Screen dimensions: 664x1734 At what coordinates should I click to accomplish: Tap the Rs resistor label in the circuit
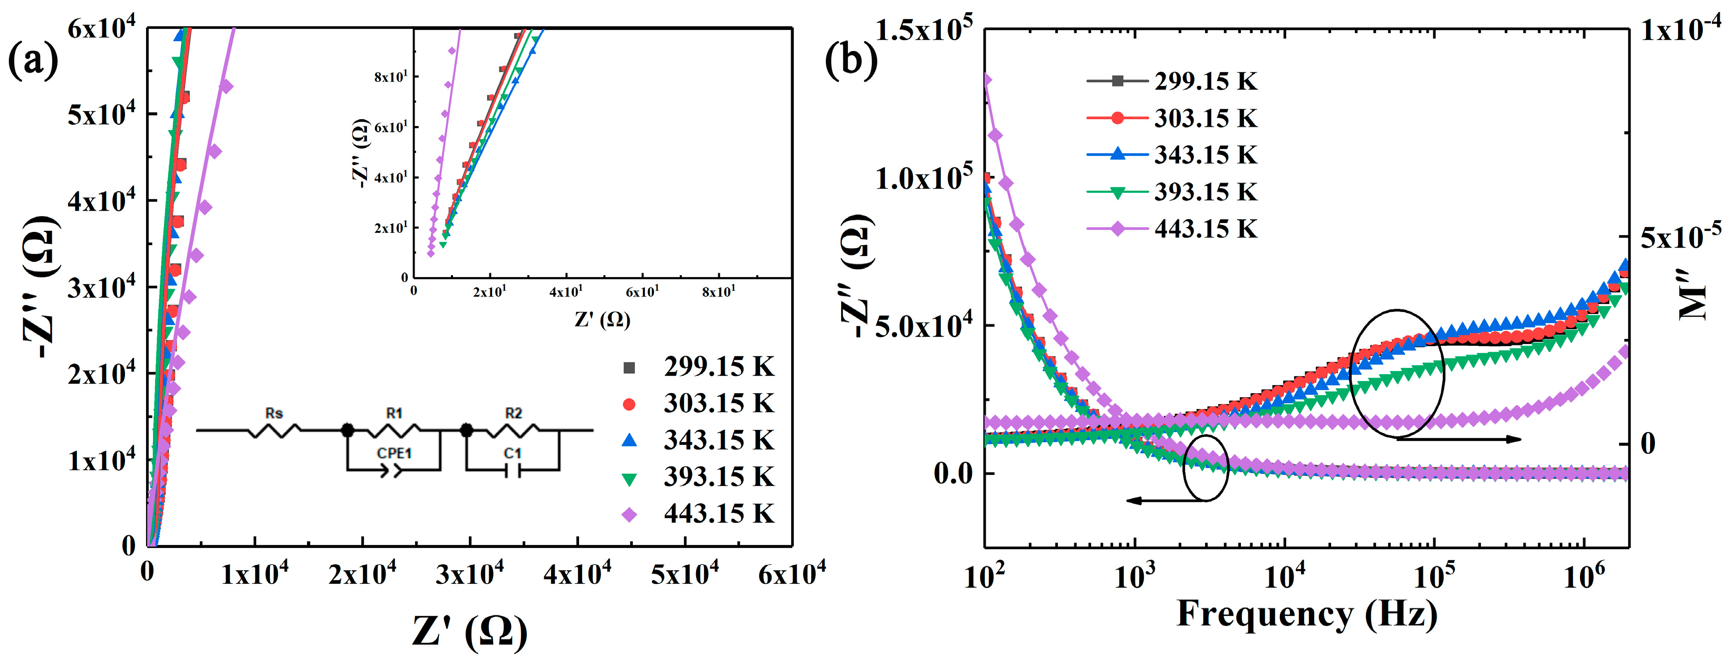(x=274, y=413)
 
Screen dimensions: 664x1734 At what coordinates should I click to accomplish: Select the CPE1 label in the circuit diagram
(x=394, y=453)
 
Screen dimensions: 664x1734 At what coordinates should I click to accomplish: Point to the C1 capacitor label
(x=513, y=453)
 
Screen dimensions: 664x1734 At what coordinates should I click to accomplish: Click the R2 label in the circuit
(x=513, y=413)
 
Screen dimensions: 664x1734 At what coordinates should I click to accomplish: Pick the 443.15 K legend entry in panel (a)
(x=718, y=514)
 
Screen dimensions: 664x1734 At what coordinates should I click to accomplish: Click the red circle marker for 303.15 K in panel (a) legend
(x=629, y=404)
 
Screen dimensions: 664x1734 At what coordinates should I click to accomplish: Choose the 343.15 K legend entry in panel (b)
(x=1205, y=155)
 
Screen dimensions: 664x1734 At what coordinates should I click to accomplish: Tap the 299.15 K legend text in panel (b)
(x=1205, y=81)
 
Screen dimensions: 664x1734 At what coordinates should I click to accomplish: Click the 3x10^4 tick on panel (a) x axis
(x=469, y=574)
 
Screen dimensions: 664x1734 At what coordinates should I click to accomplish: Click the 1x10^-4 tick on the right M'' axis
(x=1680, y=30)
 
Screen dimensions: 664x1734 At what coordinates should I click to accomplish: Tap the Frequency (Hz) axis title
(x=1306, y=613)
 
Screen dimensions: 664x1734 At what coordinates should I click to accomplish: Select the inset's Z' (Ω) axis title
(x=602, y=319)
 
